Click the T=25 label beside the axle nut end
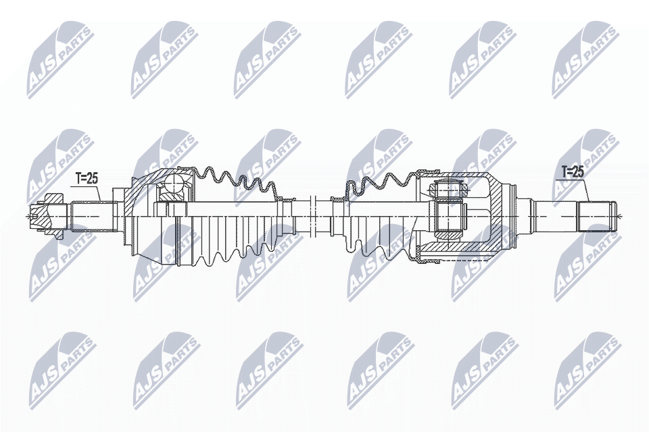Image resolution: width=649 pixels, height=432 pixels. click(x=86, y=178)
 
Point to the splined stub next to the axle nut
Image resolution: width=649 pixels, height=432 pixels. click(x=86, y=215)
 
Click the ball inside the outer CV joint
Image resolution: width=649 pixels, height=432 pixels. click(x=176, y=183)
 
